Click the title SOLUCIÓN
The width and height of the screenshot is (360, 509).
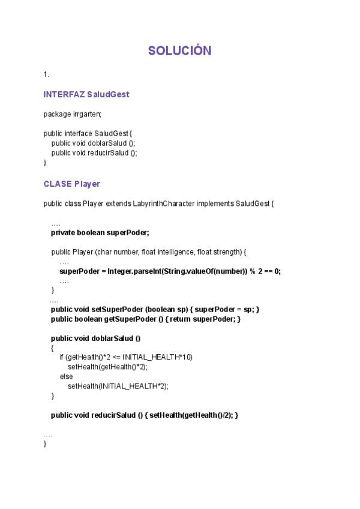pyautogui.click(x=180, y=51)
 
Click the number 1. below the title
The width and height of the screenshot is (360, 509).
pyautogui.click(x=46, y=74)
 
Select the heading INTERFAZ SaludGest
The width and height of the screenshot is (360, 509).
pyautogui.click(x=86, y=94)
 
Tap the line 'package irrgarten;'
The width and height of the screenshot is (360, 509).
pyautogui.click(x=73, y=114)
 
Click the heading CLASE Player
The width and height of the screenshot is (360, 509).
pyautogui.click(x=72, y=184)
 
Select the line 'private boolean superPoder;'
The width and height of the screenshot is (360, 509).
pyautogui.click(x=100, y=232)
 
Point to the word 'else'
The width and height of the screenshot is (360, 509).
pyautogui.click(x=66, y=376)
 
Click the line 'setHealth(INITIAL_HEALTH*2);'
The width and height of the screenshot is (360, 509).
pyautogui.click(x=118, y=386)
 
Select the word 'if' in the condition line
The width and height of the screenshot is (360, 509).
pyautogui.click(x=62, y=357)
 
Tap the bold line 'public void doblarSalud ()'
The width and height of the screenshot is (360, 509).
pyautogui.click(x=95, y=338)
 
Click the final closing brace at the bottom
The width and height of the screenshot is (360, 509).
pyautogui.click(x=45, y=444)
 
